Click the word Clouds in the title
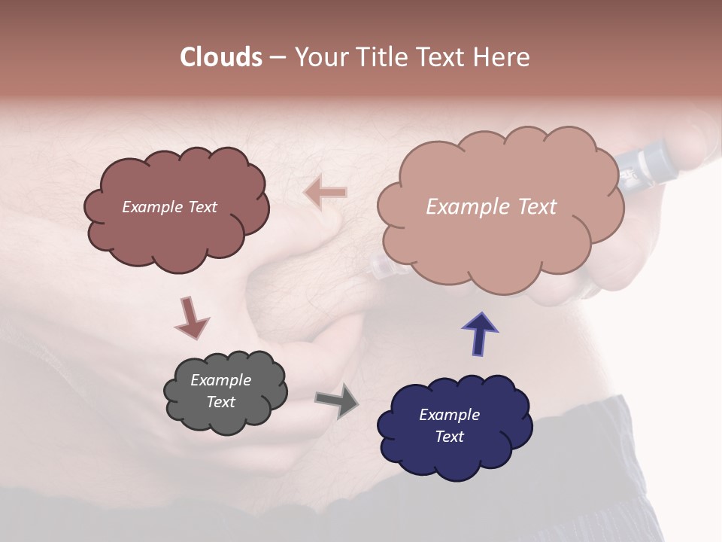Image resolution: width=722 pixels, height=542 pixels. [220, 57]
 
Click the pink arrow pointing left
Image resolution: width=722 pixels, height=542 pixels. [326, 193]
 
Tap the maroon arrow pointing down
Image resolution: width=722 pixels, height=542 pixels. [191, 318]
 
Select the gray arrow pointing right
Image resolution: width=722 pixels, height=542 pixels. [337, 400]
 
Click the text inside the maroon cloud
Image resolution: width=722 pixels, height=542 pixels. [169, 207]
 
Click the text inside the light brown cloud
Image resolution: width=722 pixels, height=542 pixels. [491, 207]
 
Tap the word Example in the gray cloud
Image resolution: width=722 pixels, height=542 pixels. [220, 380]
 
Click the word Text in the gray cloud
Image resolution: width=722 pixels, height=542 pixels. [220, 402]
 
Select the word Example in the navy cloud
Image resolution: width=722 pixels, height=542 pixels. [449, 415]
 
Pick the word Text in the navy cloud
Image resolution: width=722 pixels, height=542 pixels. [449, 437]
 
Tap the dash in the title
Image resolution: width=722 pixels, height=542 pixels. [277, 57]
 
